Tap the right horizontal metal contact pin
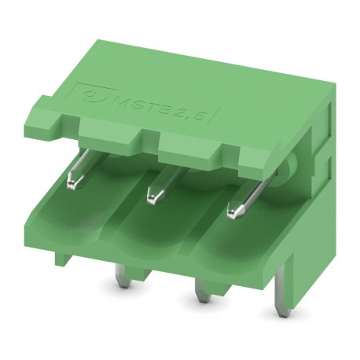(x=240, y=204)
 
